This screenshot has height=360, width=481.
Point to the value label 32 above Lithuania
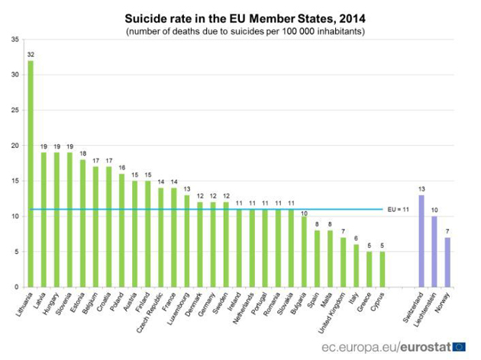[31, 55]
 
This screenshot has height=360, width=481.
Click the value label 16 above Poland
[121, 168]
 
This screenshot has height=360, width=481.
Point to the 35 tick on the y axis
[15, 39]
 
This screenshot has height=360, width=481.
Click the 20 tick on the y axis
[15, 145]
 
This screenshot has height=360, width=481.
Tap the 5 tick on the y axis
[17, 252]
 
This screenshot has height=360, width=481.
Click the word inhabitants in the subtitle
[341, 31]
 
